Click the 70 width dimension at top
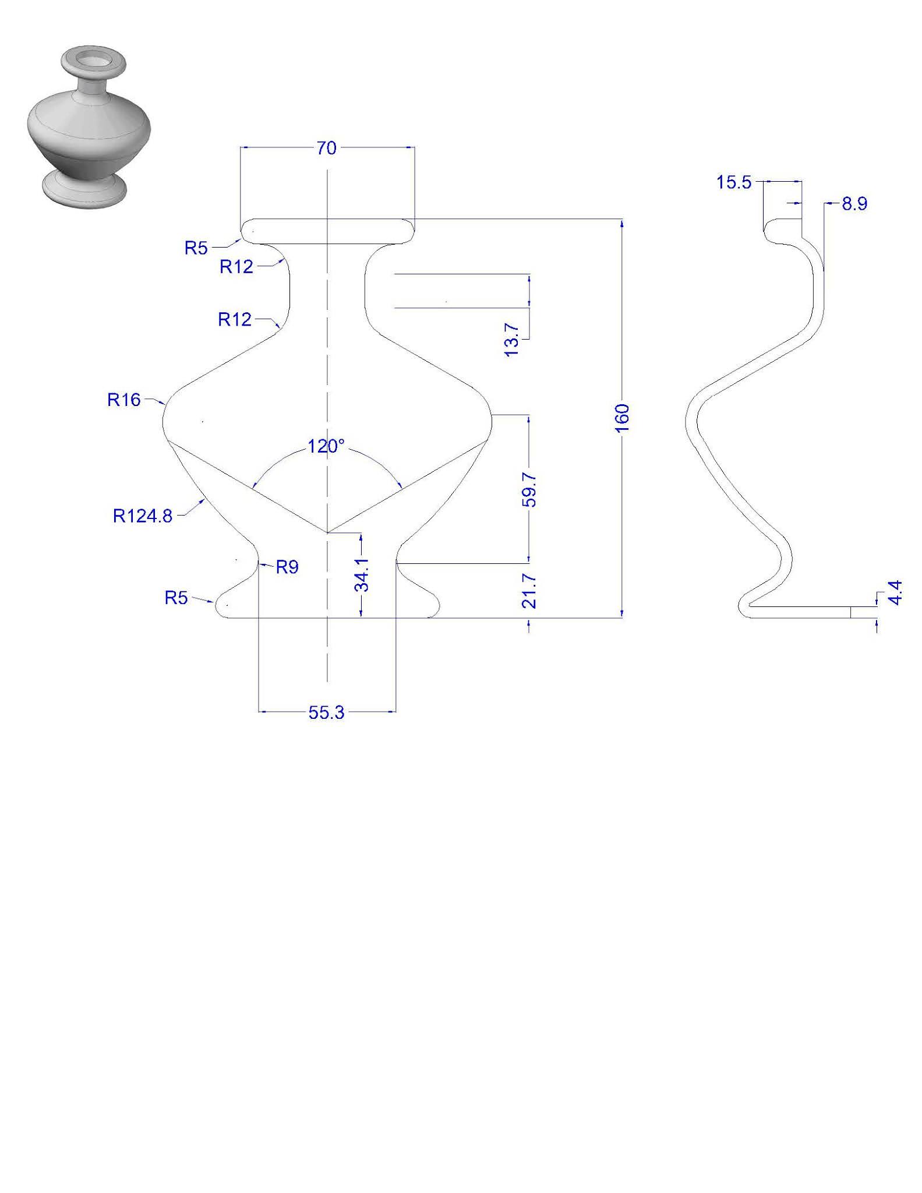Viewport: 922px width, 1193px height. point(327,149)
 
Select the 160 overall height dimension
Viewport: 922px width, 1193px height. point(623,418)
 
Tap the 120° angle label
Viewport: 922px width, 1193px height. point(326,447)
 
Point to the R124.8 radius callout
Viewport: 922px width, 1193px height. point(143,516)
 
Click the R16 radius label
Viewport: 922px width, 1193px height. point(124,400)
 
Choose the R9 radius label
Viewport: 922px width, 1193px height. point(287,567)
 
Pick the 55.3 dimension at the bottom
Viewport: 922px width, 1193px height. point(327,712)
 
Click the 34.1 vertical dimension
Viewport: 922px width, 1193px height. point(362,574)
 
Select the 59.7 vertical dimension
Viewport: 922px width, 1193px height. point(529,490)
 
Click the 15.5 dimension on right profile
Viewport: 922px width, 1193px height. point(734,183)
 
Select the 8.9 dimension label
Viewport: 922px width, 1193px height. point(854,204)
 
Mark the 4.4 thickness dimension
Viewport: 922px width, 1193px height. point(895,592)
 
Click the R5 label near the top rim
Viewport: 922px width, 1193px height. point(196,248)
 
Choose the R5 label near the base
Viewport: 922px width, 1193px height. point(176,598)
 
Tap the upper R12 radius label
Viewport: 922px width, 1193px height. point(236,267)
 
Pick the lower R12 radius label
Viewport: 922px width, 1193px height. point(235,319)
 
